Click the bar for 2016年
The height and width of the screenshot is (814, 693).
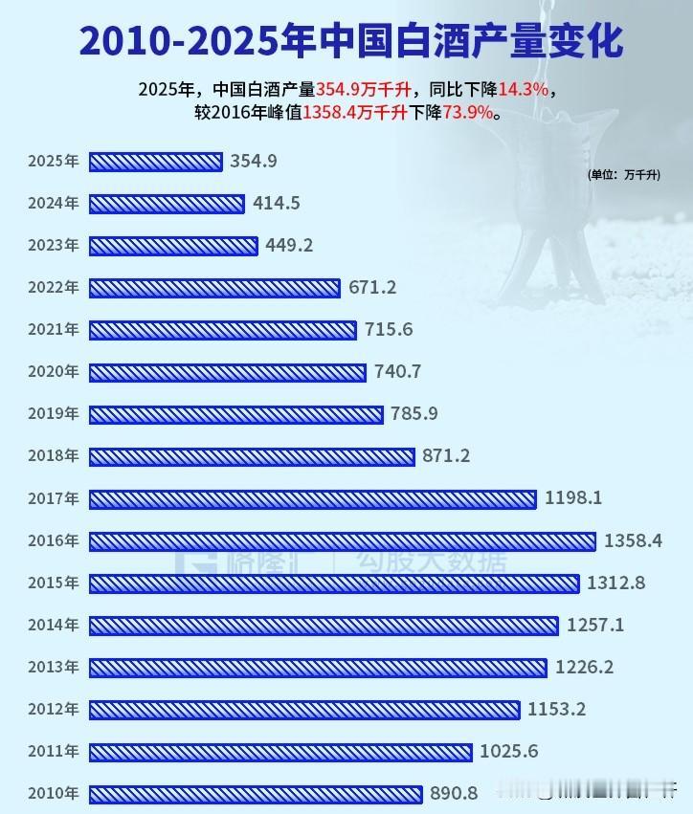(x=342, y=541)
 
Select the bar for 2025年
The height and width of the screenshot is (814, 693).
(x=155, y=162)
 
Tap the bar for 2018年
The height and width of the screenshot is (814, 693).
(x=252, y=456)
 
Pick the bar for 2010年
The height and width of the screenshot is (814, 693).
(x=255, y=794)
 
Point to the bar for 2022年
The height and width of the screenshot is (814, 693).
(x=214, y=288)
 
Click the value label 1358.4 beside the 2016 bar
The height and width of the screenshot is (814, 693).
(x=633, y=541)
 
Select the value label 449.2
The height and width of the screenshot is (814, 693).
(x=289, y=246)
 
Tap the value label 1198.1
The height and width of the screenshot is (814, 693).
(x=572, y=498)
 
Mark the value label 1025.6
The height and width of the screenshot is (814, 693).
(x=509, y=752)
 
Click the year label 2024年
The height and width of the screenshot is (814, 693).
(x=54, y=204)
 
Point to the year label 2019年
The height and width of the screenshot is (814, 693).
(x=54, y=414)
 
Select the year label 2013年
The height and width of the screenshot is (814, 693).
(x=54, y=668)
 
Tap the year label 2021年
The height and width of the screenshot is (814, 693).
(x=54, y=330)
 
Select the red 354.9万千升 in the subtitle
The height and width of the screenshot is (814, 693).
(x=365, y=89)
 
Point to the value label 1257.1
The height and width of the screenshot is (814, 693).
(x=595, y=626)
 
